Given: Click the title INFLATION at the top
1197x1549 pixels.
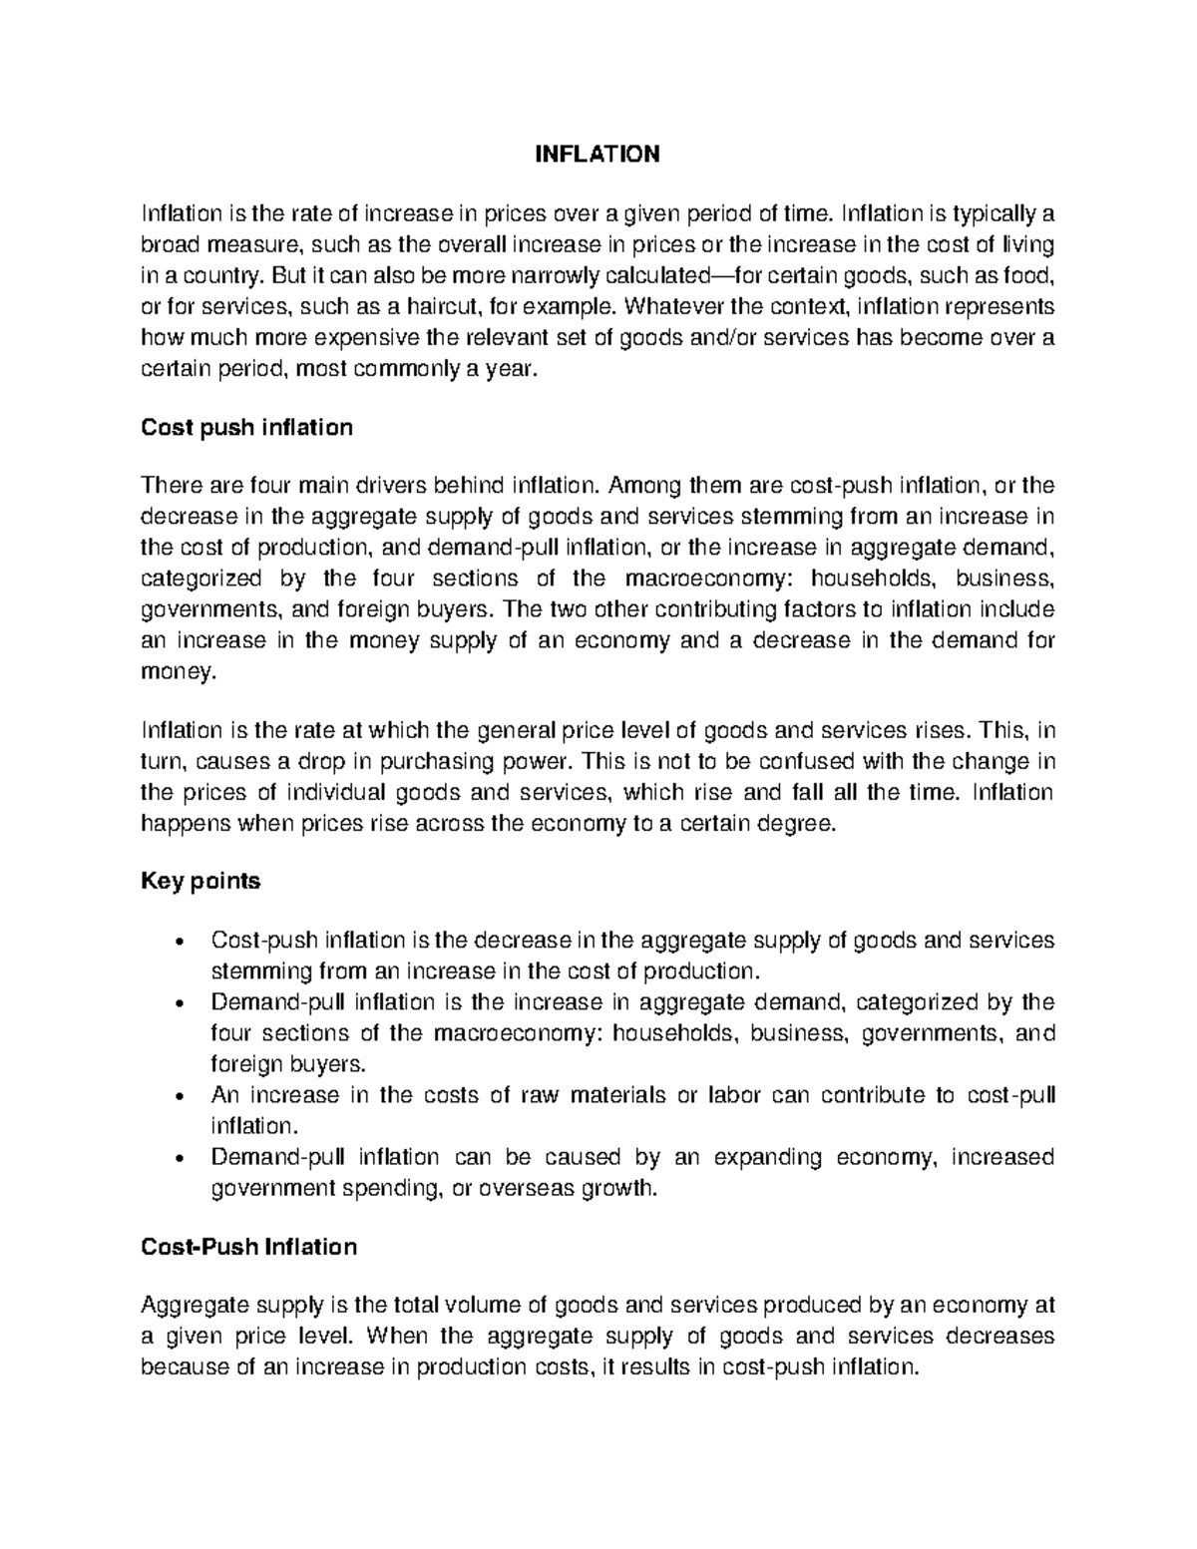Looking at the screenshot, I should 598,154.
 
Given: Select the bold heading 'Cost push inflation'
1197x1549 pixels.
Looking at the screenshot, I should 247,428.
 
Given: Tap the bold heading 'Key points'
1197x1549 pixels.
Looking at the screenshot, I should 200,881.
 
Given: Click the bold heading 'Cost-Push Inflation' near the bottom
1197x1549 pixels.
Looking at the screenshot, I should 248,1247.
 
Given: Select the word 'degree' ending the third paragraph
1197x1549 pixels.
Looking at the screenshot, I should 794,824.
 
